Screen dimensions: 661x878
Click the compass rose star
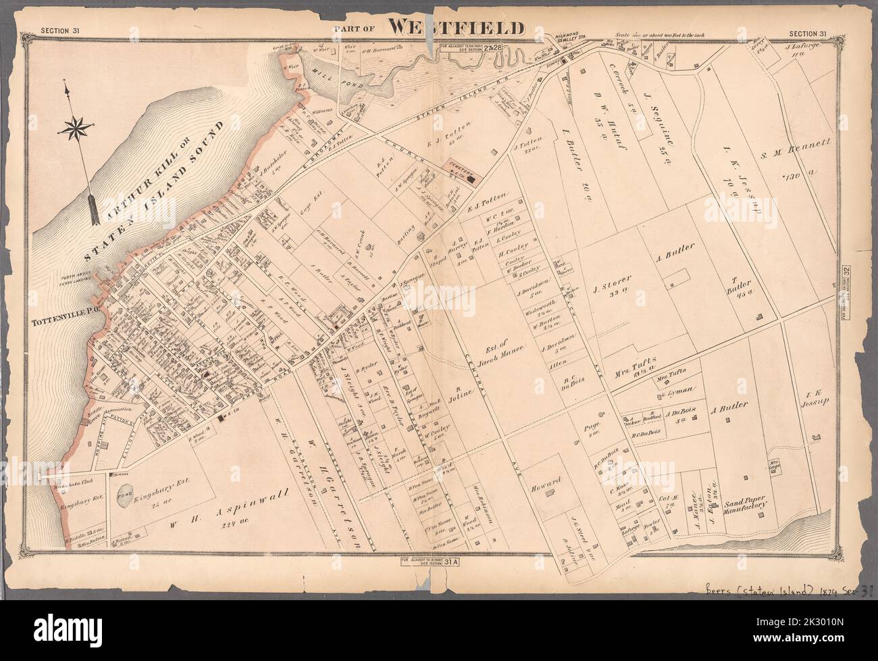pyautogui.click(x=70, y=126)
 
